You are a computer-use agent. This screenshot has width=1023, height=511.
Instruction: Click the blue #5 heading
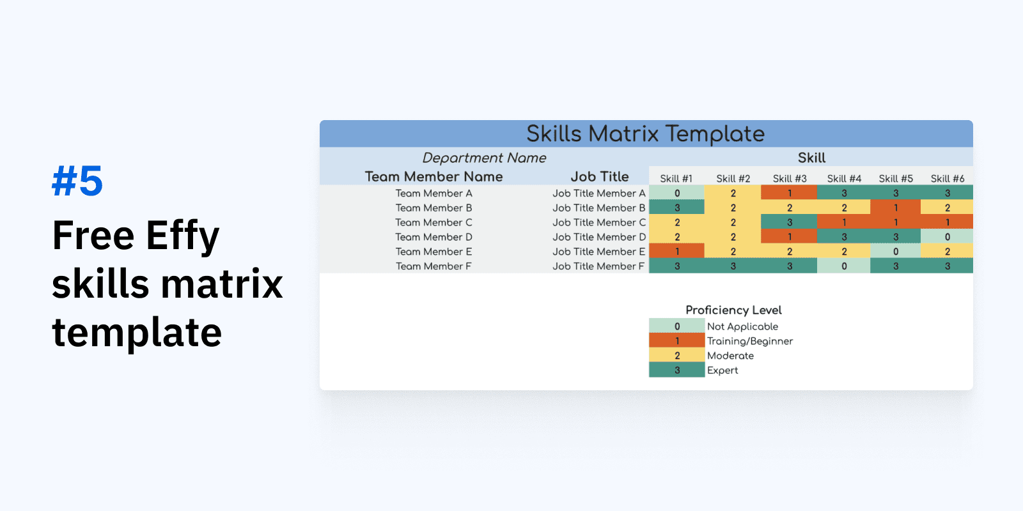point(77,181)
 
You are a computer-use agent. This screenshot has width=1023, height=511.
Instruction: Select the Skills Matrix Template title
point(645,133)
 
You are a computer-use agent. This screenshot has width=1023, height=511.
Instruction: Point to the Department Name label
point(484,158)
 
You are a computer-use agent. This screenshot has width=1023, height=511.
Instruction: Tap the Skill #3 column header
point(790,178)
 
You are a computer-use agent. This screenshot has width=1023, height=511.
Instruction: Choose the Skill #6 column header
point(947,178)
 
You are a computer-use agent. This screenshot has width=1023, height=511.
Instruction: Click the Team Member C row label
point(433,222)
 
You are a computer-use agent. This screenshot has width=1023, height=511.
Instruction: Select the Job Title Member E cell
point(598,252)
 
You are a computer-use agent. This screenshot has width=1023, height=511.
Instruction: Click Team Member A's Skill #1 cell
point(677,192)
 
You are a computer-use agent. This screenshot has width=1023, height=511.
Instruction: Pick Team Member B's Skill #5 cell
point(896,207)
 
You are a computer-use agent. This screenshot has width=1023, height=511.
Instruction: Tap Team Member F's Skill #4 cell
point(844,266)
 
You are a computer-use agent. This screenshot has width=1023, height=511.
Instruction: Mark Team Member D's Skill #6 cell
point(947,236)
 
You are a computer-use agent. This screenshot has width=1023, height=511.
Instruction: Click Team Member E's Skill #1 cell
point(677,251)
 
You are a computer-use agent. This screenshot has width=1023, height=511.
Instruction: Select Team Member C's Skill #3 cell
point(789,222)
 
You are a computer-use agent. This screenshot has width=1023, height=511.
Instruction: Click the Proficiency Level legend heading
point(733,310)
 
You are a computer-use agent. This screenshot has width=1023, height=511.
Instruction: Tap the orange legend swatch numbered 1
point(677,340)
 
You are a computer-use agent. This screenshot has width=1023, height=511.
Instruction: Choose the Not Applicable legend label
point(742,326)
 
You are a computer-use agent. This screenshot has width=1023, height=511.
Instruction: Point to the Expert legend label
point(722,370)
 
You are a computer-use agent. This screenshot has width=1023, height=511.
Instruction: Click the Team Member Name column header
point(433,176)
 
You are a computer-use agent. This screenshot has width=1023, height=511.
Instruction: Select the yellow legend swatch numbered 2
point(677,355)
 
